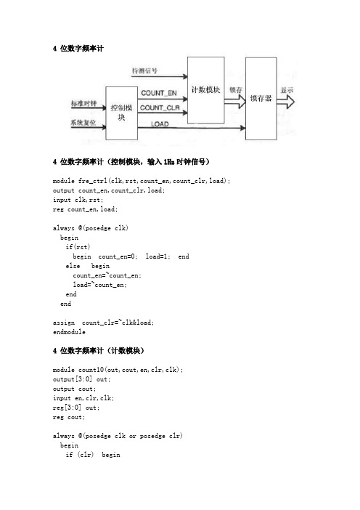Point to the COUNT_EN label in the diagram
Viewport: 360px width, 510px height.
coord(159,93)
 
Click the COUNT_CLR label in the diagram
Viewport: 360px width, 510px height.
coord(160,108)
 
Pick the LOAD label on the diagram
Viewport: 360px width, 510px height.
coord(160,124)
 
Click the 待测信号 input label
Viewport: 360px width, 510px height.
coord(144,70)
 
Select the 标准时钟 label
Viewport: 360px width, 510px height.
coord(83,103)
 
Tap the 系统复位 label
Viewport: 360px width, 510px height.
coord(83,122)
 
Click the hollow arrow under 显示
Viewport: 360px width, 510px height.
coord(285,102)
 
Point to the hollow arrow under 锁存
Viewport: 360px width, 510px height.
coord(235,102)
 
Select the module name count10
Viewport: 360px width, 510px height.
coord(91,370)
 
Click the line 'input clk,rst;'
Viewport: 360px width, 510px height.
coord(78,199)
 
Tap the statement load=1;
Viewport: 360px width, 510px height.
coord(157,256)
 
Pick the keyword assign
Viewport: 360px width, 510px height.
coord(64,323)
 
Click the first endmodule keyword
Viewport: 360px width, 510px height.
coord(69,332)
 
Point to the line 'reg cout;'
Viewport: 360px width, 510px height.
coord(69,417)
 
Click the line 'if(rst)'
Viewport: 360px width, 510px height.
coord(78,247)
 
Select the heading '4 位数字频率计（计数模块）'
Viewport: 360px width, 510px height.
coord(99,351)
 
